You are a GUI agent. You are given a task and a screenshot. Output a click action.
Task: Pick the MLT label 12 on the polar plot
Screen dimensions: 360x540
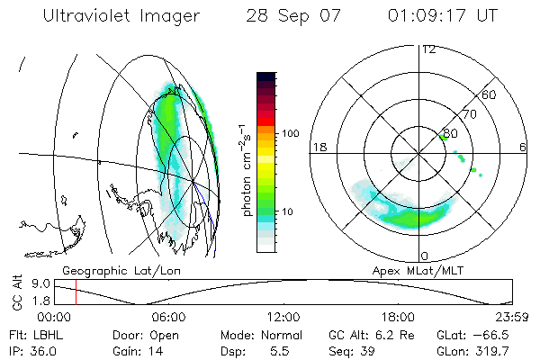coord(427,49)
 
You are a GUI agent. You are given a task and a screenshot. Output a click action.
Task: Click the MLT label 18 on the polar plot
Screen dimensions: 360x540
coord(318,147)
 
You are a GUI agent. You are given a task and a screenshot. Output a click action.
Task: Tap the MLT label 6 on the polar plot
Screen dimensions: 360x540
coord(523,147)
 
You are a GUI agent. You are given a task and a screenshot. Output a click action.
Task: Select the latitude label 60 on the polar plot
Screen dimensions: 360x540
coord(490,94)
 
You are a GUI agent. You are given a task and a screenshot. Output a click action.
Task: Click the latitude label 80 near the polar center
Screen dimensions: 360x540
coord(450,133)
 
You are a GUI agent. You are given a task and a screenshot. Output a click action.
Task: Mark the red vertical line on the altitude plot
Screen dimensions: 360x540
coord(76,291)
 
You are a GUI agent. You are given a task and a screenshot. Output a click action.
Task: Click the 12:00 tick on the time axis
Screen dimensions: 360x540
coord(283,317)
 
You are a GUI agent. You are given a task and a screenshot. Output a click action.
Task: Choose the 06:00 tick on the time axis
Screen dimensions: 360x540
coord(168,317)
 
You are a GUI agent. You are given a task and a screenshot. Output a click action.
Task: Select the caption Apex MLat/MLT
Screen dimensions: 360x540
coord(409,270)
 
